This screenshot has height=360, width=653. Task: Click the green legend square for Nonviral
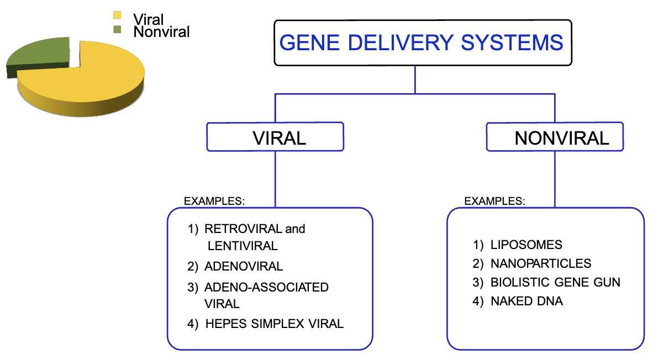point(117,29)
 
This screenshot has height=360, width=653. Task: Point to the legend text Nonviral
point(161,32)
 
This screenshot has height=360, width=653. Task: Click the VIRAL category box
point(275,136)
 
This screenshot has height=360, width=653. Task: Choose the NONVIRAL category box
point(555,136)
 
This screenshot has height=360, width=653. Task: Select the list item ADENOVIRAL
point(243,266)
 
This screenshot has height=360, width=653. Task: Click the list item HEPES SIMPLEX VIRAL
point(274,324)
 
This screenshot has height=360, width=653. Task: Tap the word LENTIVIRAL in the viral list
point(242,246)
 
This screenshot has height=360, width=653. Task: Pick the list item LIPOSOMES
point(526,245)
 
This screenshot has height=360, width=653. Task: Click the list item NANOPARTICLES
point(540,263)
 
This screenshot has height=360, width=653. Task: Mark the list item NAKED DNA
point(526,301)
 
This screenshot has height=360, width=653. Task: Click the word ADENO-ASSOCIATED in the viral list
point(266,287)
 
